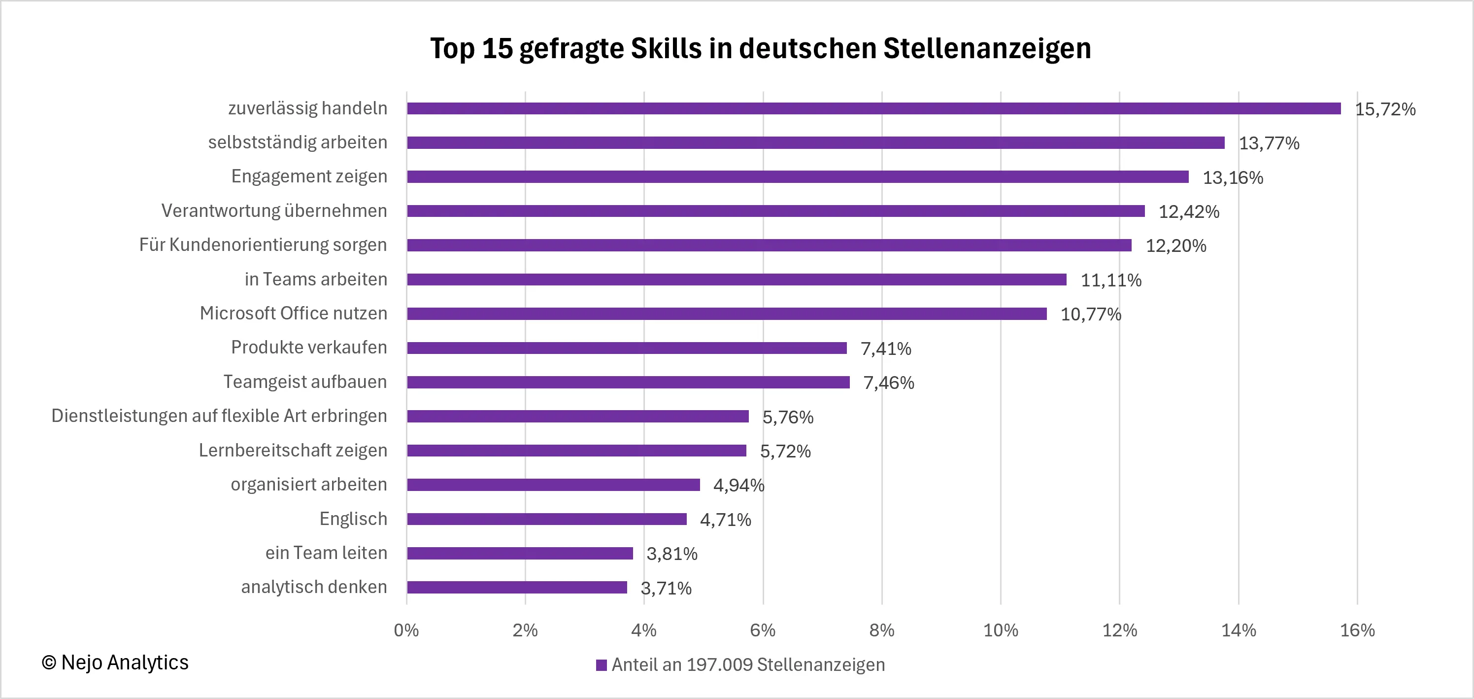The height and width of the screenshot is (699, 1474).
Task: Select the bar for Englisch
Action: coord(546,519)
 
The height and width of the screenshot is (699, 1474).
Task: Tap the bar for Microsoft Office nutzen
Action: coord(727,314)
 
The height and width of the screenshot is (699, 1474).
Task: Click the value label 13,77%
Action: coord(1269,143)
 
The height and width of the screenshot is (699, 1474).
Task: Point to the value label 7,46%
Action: coord(888,383)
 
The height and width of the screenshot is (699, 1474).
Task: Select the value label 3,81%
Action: coord(672,554)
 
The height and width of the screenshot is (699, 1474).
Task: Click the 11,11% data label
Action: coord(1110,280)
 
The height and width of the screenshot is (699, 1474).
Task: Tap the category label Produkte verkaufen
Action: coord(308,348)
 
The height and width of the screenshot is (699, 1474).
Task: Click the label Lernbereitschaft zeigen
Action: coord(293,451)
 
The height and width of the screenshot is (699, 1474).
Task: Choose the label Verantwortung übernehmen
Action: coord(273,210)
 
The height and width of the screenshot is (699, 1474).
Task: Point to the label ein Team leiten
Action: coord(326,553)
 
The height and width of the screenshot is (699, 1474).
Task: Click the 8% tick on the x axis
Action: coord(882,630)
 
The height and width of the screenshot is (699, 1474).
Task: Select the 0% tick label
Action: coord(406,630)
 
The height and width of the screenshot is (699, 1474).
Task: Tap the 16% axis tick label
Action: coord(1357,630)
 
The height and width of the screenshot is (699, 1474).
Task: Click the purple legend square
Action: coord(602,665)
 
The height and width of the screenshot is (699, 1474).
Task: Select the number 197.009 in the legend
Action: coord(719,664)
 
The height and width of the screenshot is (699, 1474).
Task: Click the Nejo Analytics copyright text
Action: coord(115,663)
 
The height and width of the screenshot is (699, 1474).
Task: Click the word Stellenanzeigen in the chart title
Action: coord(986,48)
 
